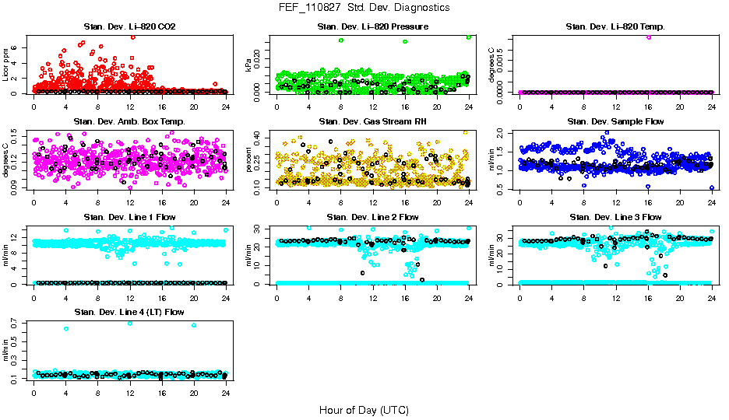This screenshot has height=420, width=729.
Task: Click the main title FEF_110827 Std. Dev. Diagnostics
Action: (364, 8)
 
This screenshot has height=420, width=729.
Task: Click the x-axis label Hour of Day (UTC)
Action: (364, 409)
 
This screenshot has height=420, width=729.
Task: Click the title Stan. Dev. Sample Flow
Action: (615, 122)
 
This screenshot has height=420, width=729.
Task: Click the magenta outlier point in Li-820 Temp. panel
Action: (648, 37)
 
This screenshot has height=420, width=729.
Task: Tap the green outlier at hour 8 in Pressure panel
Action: (341, 40)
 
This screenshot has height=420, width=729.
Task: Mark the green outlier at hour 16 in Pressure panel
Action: (405, 42)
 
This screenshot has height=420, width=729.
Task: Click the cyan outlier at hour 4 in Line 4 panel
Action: (66, 328)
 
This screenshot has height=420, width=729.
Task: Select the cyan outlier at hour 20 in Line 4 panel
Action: (194, 325)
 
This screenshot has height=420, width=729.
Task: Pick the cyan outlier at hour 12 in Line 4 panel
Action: (130, 323)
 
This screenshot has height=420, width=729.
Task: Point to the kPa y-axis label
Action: (249, 68)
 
